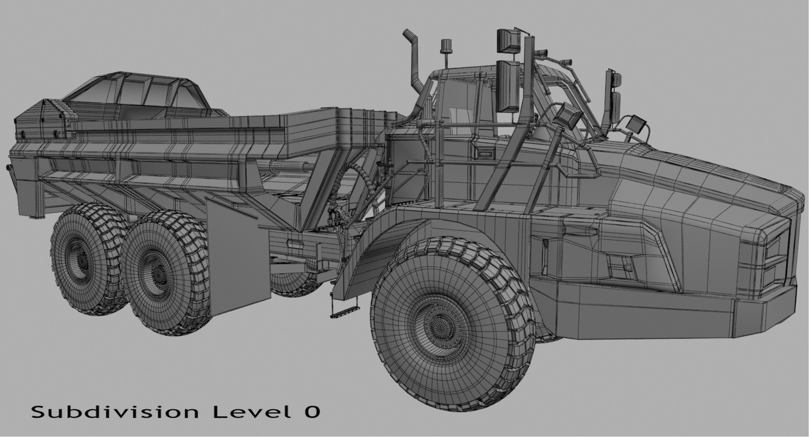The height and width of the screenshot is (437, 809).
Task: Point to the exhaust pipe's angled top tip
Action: (x=408, y=34)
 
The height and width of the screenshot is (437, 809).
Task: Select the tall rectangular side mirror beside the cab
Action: (x=509, y=86)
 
